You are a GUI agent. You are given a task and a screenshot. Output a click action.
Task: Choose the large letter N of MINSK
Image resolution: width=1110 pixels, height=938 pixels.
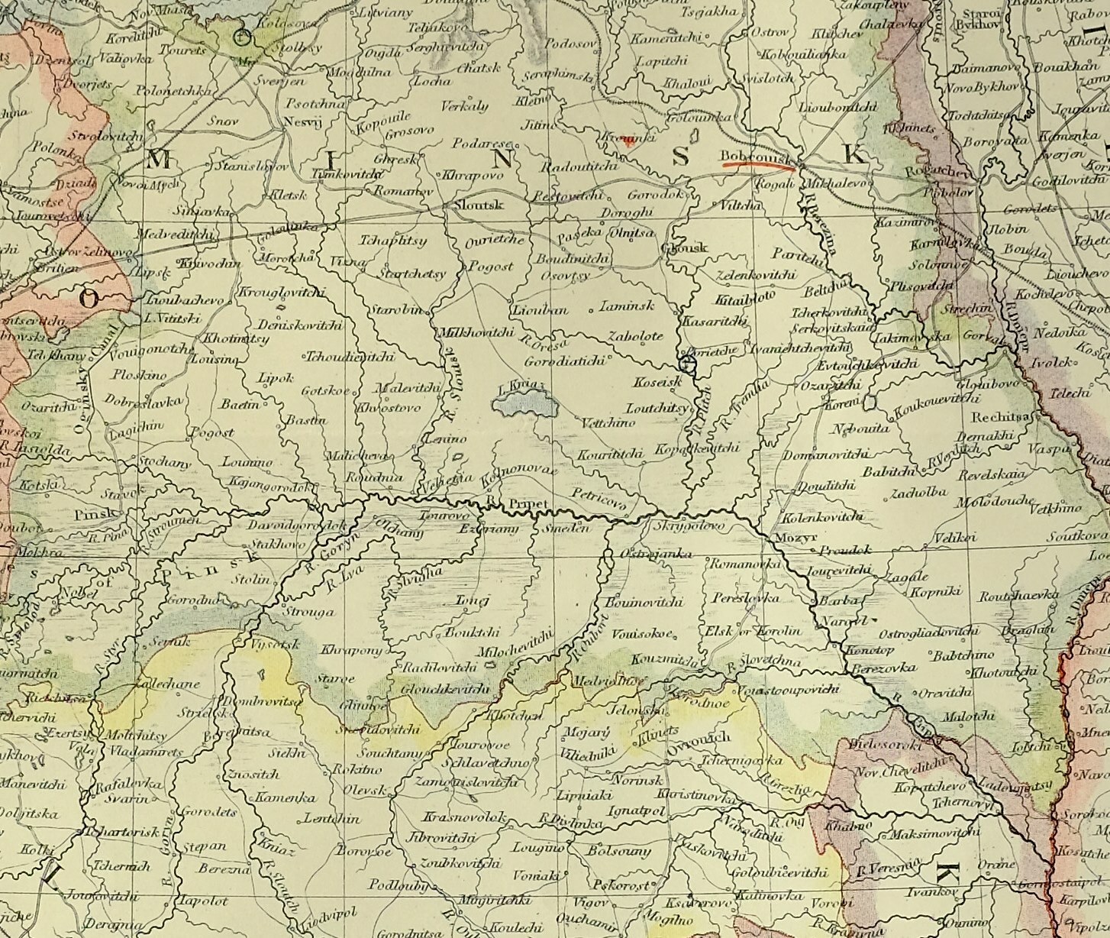502,160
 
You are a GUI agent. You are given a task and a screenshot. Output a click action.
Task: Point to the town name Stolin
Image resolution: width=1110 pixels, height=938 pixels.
251,579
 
